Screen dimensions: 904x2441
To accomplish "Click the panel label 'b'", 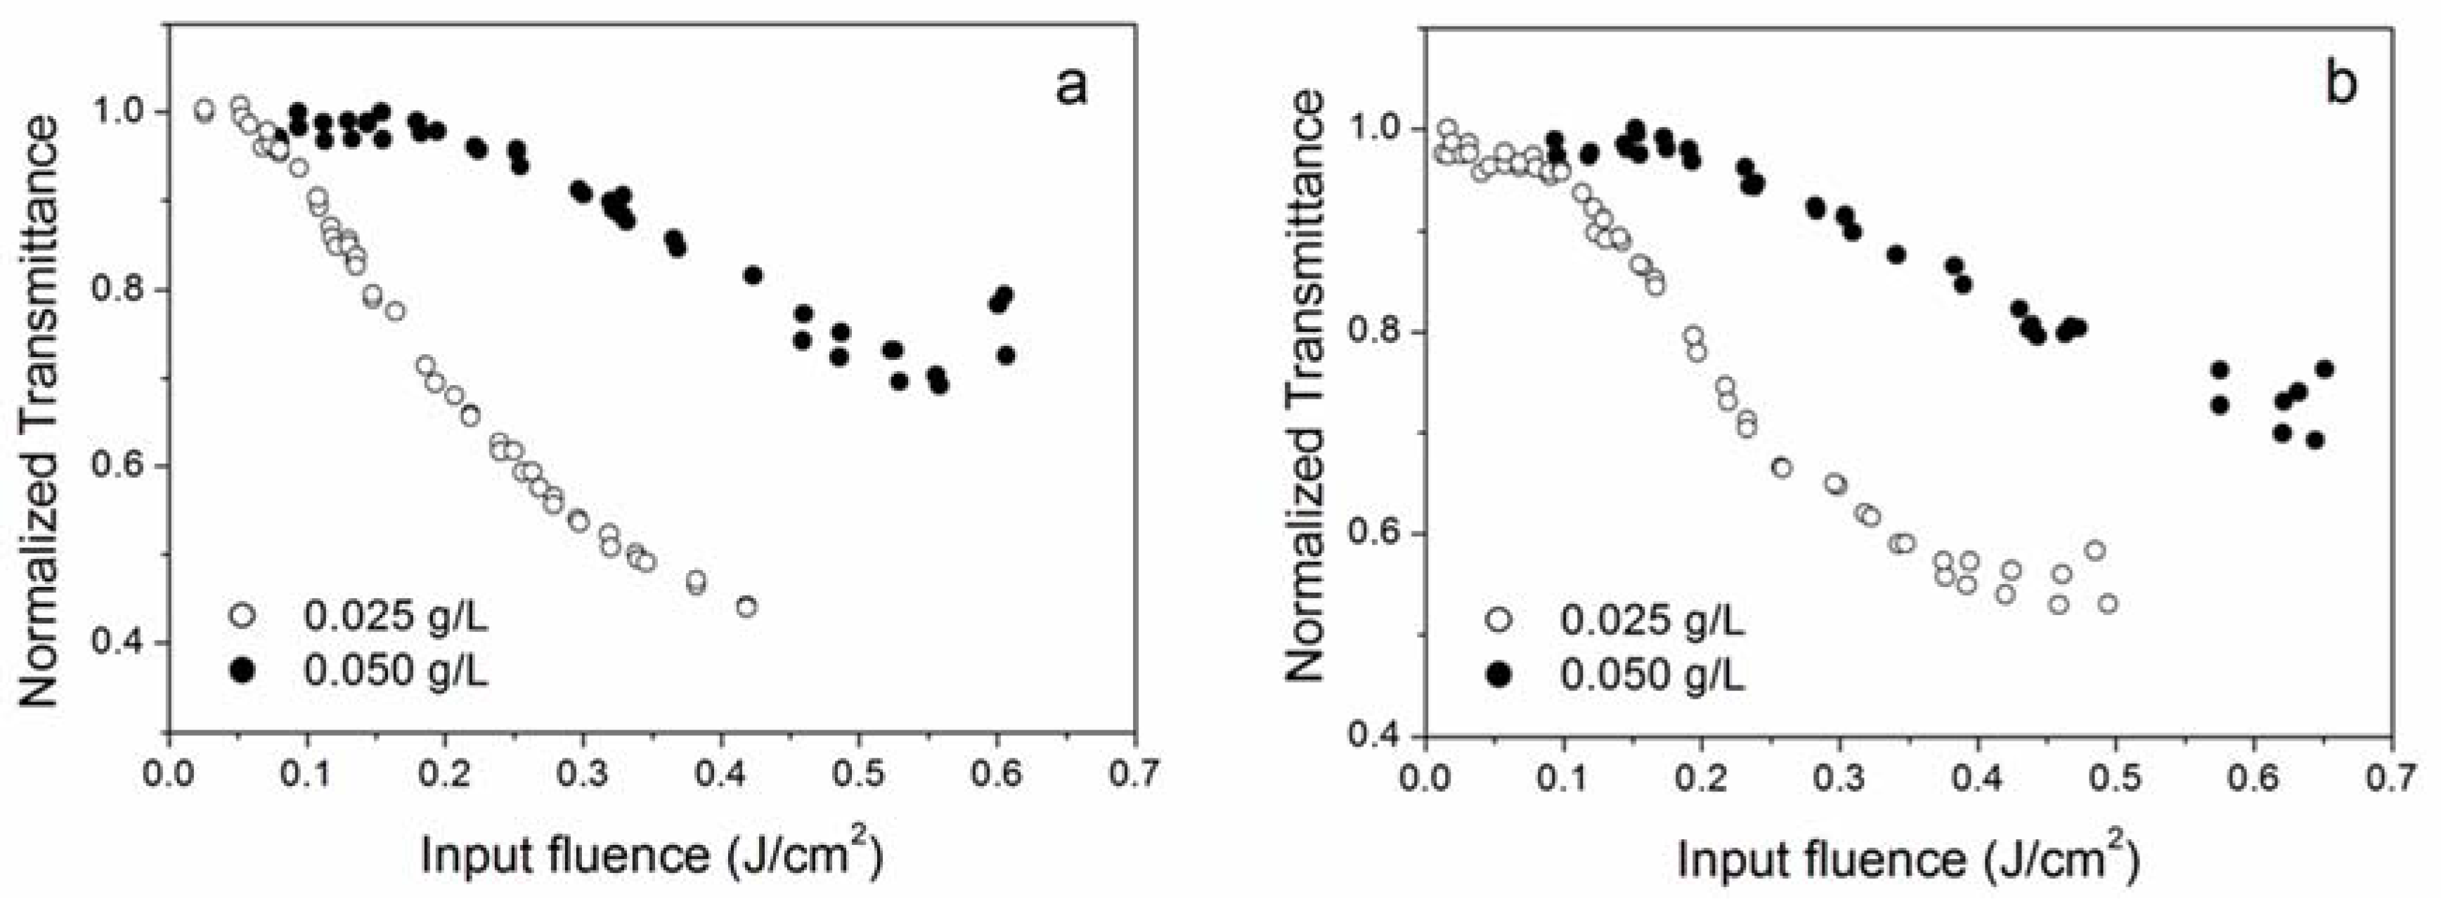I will point(2340,84).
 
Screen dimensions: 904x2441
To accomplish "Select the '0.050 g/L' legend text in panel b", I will point(1652,675).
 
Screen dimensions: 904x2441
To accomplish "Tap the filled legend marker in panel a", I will point(243,671).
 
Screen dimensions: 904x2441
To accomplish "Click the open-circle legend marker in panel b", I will point(1499,621).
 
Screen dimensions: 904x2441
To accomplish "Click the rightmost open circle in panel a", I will point(746,607).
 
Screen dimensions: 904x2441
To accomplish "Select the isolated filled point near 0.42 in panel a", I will point(753,276).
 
